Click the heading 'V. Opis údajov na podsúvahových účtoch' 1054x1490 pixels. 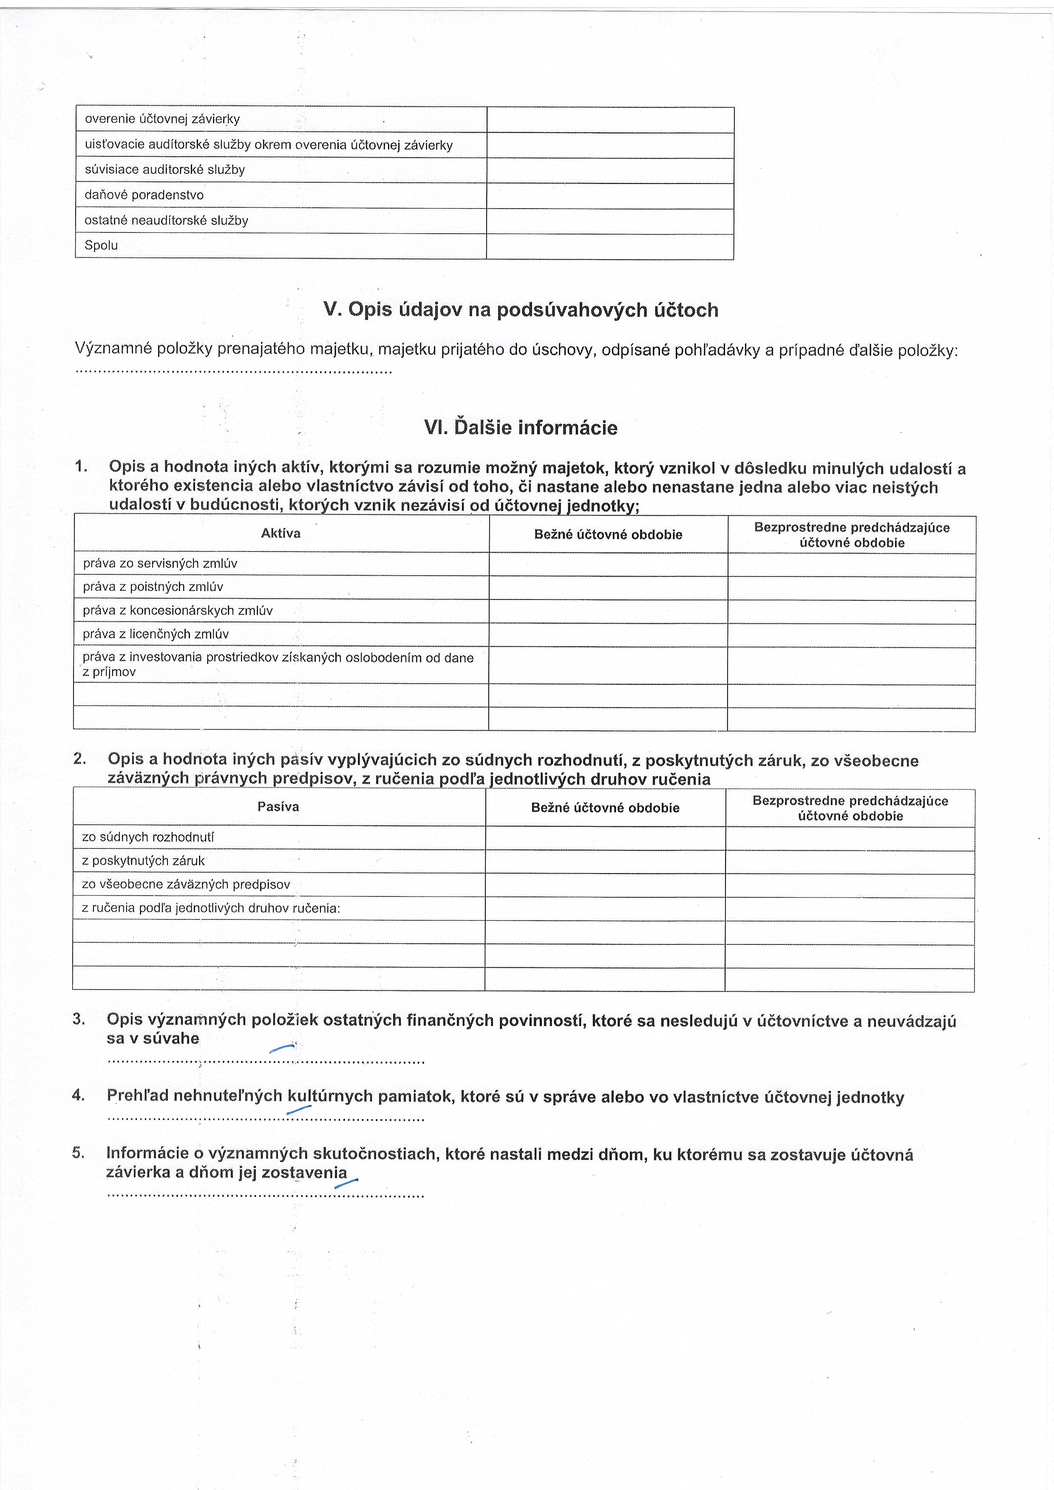click(x=521, y=310)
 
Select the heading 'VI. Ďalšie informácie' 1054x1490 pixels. click(x=521, y=428)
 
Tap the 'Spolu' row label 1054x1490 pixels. click(x=101, y=245)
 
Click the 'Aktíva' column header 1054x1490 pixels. click(x=280, y=534)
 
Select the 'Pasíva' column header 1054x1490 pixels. click(x=278, y=807)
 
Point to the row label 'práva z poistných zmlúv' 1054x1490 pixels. click(x=153, y=587)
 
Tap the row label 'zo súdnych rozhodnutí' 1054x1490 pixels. click(x=148, y=837)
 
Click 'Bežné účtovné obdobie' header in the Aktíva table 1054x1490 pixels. click(x=608, y=535)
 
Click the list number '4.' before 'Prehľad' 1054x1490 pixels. click(x=79, y=1095)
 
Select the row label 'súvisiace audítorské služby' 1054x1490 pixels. click(x=165, y=170)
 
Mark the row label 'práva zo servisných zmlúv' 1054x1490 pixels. click(x=160, y=564)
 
